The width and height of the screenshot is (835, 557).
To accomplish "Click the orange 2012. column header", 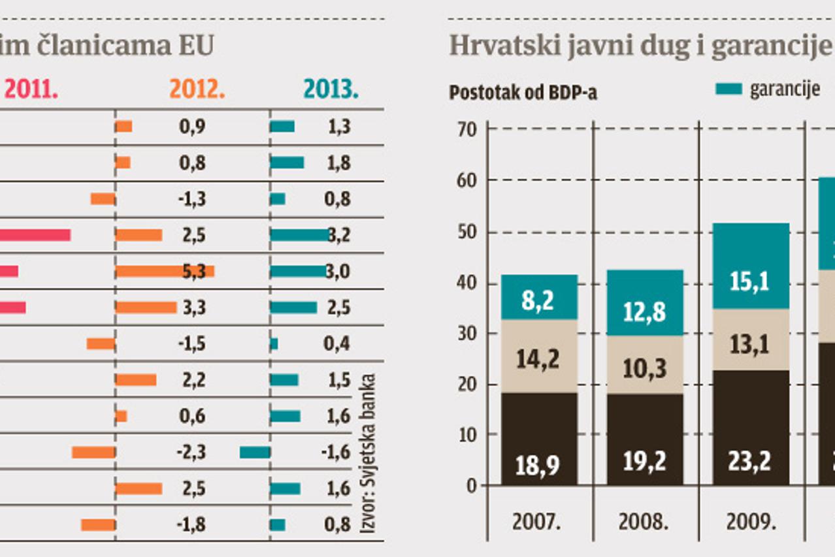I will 197,89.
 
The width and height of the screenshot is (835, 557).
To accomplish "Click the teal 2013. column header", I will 331,89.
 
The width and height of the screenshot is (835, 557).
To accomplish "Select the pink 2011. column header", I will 31,89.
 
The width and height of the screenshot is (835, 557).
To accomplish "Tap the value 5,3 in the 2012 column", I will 192,271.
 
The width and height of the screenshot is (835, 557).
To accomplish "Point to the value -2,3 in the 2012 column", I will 191,452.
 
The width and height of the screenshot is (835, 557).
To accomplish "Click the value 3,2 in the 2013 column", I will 337,235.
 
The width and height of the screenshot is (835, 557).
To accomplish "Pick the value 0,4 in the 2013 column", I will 337,343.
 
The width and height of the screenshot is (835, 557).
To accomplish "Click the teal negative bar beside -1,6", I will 255,452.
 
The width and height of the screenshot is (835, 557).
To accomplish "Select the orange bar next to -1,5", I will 101,343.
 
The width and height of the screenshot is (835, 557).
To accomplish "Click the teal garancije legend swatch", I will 729,89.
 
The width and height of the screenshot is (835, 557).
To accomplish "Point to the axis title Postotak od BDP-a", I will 523,93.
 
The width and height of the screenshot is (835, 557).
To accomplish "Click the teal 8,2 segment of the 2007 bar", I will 540,298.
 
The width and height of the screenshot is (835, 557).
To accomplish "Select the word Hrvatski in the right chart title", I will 495,46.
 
